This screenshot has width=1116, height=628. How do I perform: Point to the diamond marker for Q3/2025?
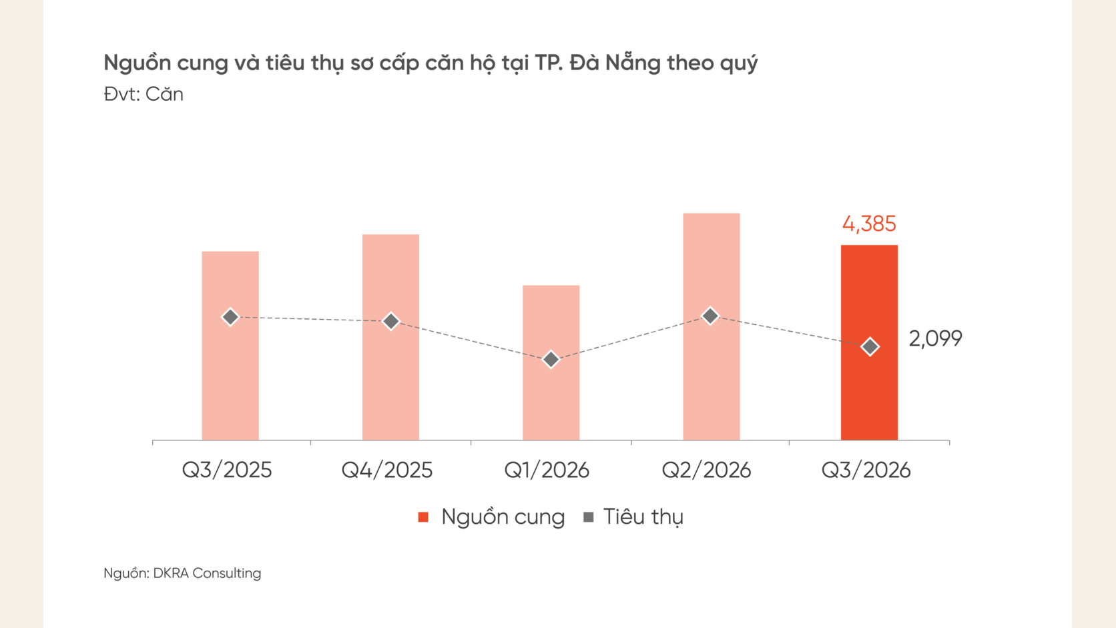pyautogui.click(x=230, y=317)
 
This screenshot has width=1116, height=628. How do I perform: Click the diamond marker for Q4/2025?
pyautogui.click(x=390, y=321)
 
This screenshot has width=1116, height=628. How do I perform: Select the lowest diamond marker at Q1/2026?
pyautogui.click(x=551, y=359)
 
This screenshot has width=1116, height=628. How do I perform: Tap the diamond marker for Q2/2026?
pyautogui.click(x=710, y=316)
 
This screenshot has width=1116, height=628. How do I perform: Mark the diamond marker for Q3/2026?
pyautogui.click(x=870, y=346)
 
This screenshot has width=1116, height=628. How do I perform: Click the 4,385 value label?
pyautogui.click(x=869, y=224)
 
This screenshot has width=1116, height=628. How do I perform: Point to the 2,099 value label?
pyautogui.click(x=935, y=338)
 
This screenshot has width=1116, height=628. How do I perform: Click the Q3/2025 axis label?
pyautogui.click(x=227, y=470)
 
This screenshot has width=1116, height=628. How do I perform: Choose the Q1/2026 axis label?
pyautogui.click(x=547, y=470)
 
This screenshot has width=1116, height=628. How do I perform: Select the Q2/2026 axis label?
pyautogui.click(x=706, y=470)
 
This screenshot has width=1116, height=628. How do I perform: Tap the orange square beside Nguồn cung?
pyautogui.click(x=423, y=517)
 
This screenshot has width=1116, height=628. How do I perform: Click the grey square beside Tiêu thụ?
pyautogui.click(x=589, y=517)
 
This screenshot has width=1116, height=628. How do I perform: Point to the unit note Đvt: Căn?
pyautogui.click(x=144, y=94)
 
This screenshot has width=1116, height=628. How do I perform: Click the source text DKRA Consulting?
pyautogui.click(x=207, y=573)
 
